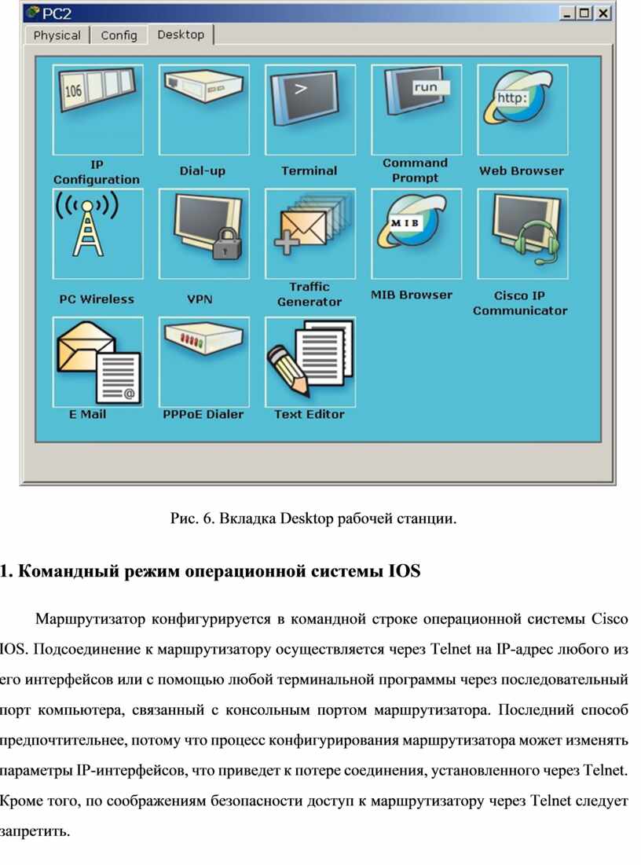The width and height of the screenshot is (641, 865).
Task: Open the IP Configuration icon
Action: pyautogui.click(x=97, y=110)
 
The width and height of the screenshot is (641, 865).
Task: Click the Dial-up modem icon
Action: pyautogui.click(x=204, y=110)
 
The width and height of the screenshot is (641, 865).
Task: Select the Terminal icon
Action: pyautogui.click(x=310, y=110)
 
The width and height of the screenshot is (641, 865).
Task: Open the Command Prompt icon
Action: pyautogui.click(x=416, y=110)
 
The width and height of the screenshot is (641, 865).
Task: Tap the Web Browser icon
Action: pyautogui.click(x=522, y=110)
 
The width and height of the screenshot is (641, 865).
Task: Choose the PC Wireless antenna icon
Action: pyautogui.click(x=97, y=234)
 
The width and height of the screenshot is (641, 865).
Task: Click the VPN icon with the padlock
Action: pyautogui.click(x=204, y=234)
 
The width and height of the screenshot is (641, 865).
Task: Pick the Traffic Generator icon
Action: pyautogui.click(x=310, y=234)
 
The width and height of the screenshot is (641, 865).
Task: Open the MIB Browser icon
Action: pyautogui.click(x=416, y=234)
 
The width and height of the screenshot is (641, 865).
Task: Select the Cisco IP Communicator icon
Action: pyautogui.click(x=522, y=234)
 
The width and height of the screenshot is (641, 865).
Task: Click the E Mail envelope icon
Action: pyautogui.click(x=97, y=362)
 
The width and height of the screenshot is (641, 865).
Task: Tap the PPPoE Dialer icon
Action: pyautogui.click(x=204, y=362)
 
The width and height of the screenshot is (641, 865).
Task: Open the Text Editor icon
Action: pyautogui.click(x=310, y=362)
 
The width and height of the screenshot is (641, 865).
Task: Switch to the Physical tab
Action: pyautogui.click(x=57, y=35)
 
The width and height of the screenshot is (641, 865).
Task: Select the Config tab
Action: pyautogui.click(x=119, y=35)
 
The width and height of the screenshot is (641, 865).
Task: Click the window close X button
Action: pyautogui.click(x=603, y=13)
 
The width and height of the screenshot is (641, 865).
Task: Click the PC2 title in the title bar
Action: pyautogui.click(x=57, y=13)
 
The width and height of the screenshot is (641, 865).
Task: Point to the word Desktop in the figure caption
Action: pyautogui.click(x=306, y=519)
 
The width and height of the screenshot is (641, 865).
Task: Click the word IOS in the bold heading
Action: pyautogui.click(x=405, y=570)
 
